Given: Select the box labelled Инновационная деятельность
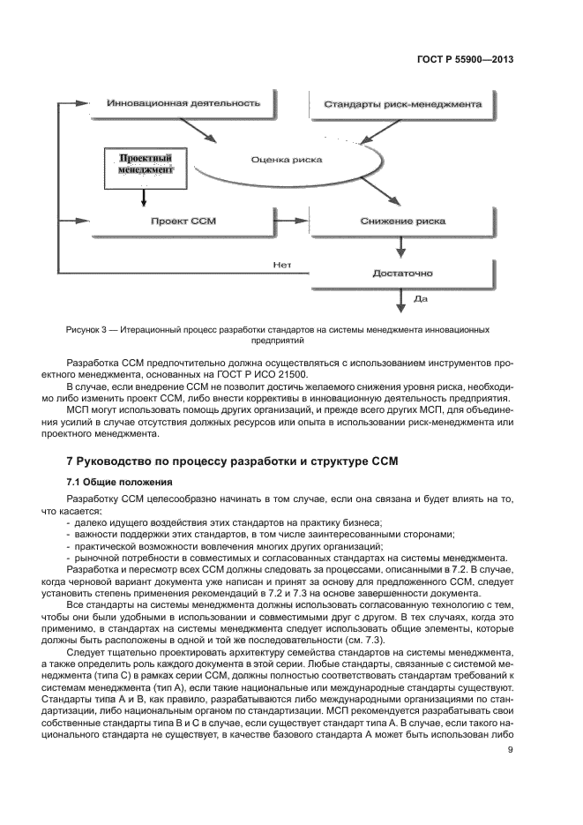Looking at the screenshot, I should (183, 103).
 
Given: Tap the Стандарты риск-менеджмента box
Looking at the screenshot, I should (401, 104).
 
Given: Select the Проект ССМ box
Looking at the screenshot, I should (183, 221).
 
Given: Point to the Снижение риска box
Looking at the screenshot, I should (401, 221).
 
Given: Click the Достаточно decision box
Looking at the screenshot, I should (401, 274).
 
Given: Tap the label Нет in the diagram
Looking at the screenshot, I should (281, 263).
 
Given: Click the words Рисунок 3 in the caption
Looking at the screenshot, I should (89, 329).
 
